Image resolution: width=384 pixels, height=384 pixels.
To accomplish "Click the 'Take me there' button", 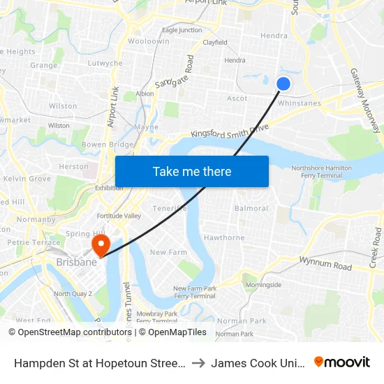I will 192,172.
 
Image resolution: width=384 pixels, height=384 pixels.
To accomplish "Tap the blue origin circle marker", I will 283,84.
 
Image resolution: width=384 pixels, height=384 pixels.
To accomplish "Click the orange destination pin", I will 101,244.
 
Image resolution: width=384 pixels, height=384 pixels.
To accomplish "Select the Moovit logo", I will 342,362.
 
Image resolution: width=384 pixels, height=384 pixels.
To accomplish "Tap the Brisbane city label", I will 76,263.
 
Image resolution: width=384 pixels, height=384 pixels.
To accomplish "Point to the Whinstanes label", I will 300,103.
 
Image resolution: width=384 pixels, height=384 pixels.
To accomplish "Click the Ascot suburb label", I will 237,98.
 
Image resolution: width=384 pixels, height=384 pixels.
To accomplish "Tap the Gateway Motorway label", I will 365,101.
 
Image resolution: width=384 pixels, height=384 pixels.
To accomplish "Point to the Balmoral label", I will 251,208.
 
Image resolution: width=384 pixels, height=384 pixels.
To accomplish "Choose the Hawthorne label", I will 224,237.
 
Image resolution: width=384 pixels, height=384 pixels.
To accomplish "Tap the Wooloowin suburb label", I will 149,42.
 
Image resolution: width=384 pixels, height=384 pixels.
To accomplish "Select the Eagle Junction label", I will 182,30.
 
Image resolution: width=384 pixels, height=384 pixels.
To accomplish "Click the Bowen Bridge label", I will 108,145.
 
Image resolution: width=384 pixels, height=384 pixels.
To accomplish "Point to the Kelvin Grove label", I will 27,179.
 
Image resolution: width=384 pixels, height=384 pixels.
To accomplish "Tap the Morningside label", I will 263,285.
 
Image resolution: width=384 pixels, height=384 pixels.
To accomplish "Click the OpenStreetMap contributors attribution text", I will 71,332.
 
